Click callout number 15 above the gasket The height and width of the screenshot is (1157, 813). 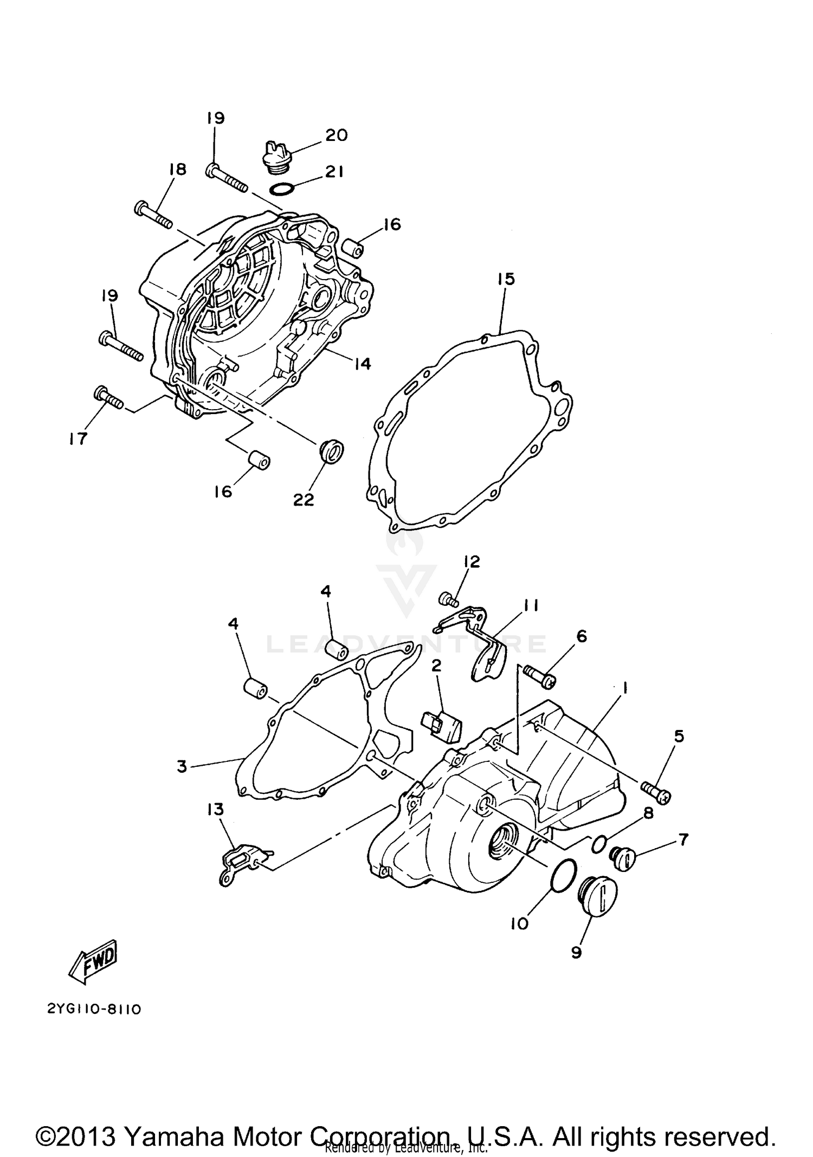pyautogui.click(x=506, y=280)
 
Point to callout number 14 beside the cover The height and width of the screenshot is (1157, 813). pyautogui.click(x=363, y=364)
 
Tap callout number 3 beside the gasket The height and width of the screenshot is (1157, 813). pyautogui.click(x=182, y=766)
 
